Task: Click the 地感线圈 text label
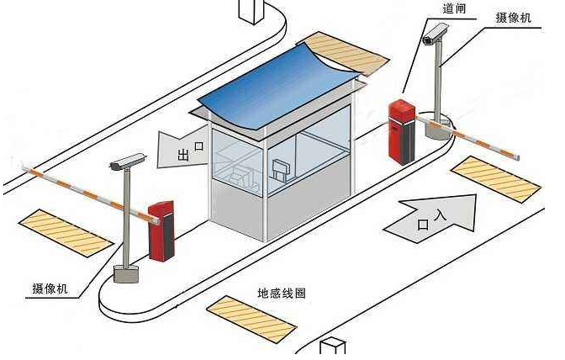click(x=281, y=294)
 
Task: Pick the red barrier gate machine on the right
click(x=402, y=131)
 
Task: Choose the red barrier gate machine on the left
click(x=160, y=230)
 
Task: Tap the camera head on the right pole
click(x=435, y=34)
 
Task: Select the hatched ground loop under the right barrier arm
click(x=495, y=177)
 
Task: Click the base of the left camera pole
click(x=126, y=273)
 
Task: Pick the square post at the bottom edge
click(x=334, y=348)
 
